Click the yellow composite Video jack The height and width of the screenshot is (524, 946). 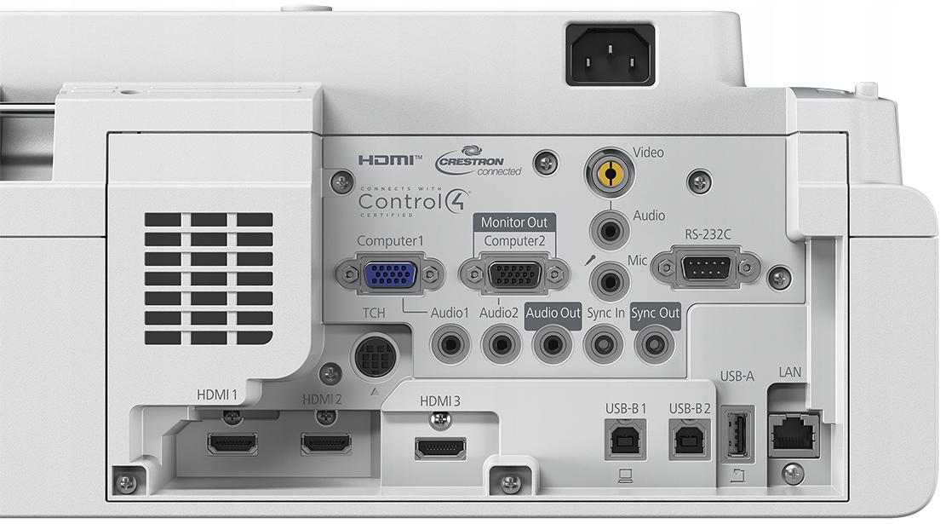point(610,173)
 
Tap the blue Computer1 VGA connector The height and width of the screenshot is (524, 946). point(390,274)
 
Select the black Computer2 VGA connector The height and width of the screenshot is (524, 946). point(514,275)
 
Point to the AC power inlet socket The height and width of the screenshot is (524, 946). point(610,55)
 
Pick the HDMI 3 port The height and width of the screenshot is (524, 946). point(440,447)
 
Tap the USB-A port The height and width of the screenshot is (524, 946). point(737,434)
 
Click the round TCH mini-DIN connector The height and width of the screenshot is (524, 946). point(374,356)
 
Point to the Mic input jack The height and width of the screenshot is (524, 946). point(610,281)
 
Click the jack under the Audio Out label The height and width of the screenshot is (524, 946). point(552,345)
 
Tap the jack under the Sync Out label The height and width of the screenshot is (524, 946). point(654,345)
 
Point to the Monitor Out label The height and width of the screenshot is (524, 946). point(514,222)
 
